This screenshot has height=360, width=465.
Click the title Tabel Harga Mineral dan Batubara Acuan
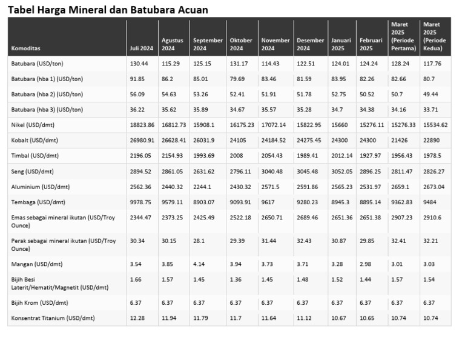(108, 10)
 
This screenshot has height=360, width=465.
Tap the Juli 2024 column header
(141, 48)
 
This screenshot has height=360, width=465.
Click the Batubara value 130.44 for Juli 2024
(139, 64)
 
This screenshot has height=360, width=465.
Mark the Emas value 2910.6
(434, 217)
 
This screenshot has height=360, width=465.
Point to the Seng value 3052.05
(341, 172)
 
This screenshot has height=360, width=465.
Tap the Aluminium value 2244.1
(203, 187)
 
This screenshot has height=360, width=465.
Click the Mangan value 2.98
(366, 264)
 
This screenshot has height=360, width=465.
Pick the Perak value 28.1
(199, 241)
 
